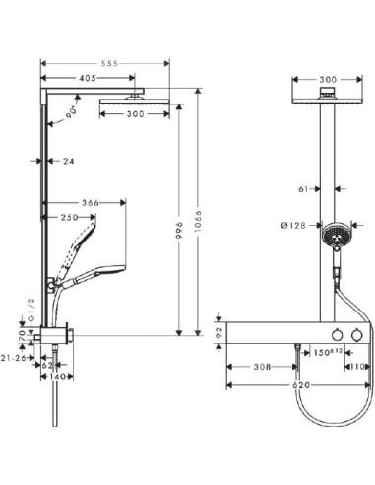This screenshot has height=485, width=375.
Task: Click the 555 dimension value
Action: pyautogui.click(x=109, y=63)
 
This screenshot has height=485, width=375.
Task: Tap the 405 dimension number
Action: pyautogui.click(x=88, y=78)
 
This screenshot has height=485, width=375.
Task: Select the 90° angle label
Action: pyautogui.click(x=72, y=111)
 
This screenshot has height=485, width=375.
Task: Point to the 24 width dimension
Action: pyautogui.click(x=68, y=161)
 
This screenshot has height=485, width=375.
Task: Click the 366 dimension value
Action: pyautogui.click(x=91, y=203)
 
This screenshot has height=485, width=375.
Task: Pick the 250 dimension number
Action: pyautogui.click(x=69, y=217)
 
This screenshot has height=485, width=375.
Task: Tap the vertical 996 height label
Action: pyautogui.click(x=179, y=231)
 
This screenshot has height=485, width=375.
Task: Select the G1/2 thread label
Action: pyautogui.click(x=31, y=311)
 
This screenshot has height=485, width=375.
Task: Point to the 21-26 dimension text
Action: pyautogui.click(x=13, y=358)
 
